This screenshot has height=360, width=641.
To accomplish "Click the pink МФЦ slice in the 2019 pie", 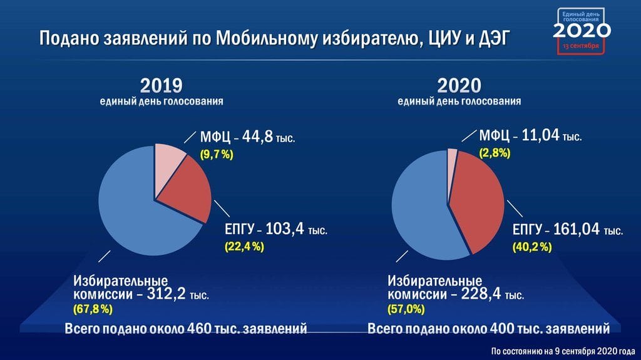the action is (x=168, y=166).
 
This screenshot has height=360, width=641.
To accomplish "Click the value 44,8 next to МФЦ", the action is (x=257, y=136).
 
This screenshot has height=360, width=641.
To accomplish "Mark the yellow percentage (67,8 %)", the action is (x=93, y=309).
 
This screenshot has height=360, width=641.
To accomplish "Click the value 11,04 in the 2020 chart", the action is (x=540, y=135).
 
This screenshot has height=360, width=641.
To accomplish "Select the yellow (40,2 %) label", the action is (x=532, y=247).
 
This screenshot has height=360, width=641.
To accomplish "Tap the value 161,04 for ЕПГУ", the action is (x=576, y=229).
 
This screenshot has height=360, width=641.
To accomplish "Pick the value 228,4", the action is (x=481, y=293).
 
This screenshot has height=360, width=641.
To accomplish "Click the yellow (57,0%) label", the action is (x=406, y=309).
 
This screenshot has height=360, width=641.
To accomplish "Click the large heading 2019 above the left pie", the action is (x=161, y=86).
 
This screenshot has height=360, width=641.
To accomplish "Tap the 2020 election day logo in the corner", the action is (x=582, y=31).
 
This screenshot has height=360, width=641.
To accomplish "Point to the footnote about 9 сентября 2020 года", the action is (x=563, y=351).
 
